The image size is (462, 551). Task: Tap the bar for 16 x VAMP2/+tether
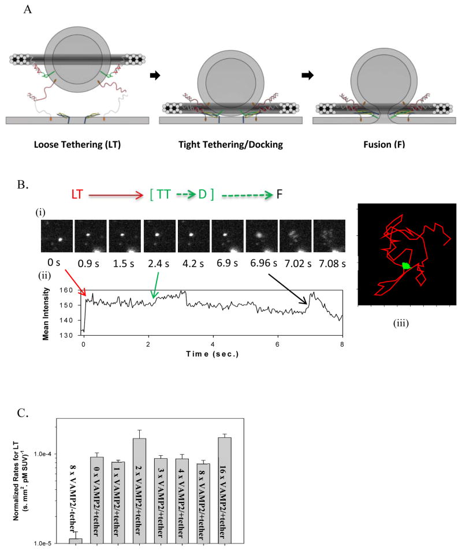(223, 490)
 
